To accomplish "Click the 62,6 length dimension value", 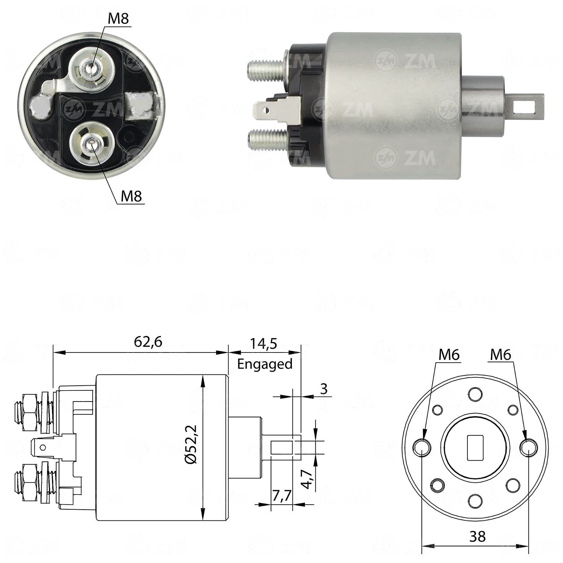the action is [148, 341].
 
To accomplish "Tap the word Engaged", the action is [265, 364].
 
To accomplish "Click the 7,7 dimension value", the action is [281, 496].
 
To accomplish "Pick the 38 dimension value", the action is [478, 537].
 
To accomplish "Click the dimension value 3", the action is [324, 389].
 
